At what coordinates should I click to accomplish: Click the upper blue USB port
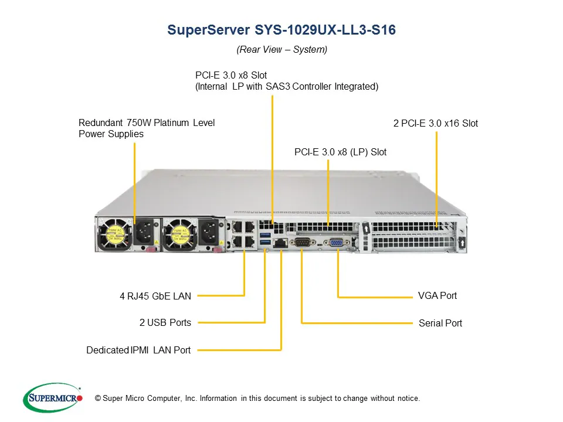tap(266, 235)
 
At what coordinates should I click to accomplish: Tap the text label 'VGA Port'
tap(437, 295)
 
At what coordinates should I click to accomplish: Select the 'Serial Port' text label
tap(440, 323)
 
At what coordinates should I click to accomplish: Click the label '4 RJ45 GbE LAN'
tap(155, 297)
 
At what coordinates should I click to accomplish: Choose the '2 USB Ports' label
tap(165, 322)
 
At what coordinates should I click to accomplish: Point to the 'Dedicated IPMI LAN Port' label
tap(138, 350)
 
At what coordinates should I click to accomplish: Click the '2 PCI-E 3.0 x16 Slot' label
tap(435, 123)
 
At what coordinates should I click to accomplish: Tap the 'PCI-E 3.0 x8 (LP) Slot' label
tap(340, 152)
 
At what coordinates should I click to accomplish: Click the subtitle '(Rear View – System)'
tap(281, 50)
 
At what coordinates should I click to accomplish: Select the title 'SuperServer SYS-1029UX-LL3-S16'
tap(281, 30)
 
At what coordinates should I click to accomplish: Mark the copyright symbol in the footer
tap(97, 399)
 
